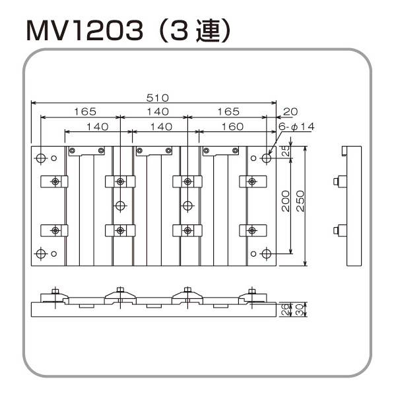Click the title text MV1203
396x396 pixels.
84,31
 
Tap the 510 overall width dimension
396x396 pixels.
157,98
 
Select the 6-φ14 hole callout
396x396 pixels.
296,126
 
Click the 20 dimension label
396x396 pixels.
290,112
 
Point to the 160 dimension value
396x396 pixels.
232,126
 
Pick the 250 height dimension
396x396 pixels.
300,201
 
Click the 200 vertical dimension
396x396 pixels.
286,201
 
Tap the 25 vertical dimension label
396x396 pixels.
286,150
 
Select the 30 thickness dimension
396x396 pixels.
299,310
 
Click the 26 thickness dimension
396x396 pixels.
284,310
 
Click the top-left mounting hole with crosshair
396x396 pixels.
41,158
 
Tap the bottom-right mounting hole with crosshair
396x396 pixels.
267,253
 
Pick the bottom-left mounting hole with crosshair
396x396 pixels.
41,253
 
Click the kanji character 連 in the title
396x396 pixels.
208,31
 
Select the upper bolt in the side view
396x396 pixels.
336,181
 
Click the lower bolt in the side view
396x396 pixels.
336,230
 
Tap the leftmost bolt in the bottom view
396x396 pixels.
55,290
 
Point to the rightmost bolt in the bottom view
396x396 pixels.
251,290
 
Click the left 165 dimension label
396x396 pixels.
85,112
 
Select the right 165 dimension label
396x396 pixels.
228,112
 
